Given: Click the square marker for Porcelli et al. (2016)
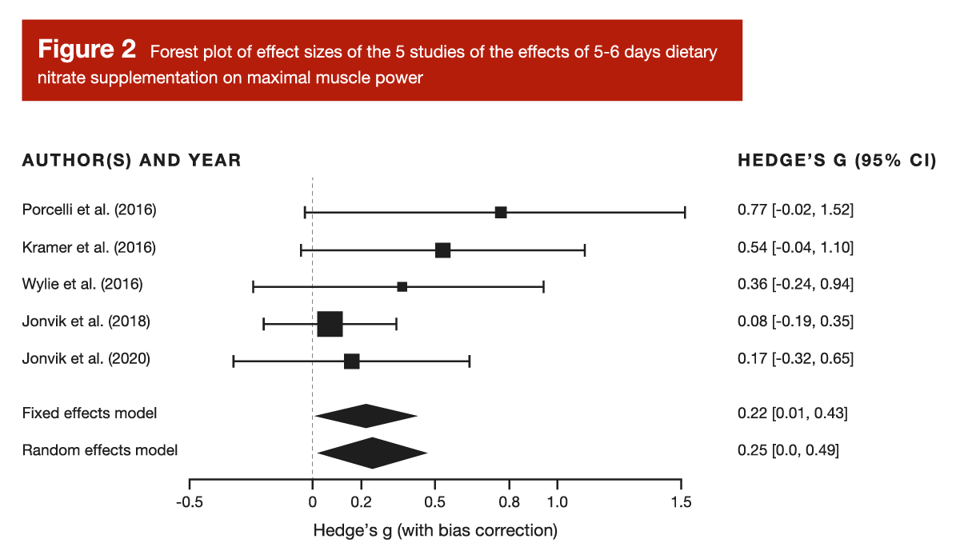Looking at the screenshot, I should (501, 212).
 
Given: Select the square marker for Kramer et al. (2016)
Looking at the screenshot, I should (442, 250).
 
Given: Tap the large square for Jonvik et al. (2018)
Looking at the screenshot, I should (330, 324).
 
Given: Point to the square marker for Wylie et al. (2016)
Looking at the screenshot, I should (402, 286).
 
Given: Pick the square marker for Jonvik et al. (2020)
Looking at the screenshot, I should (351, 361).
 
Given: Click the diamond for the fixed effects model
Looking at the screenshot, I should (366, 416).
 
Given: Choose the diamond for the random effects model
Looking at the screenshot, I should (372, 453).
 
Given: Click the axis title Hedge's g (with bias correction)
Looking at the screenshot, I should (435, 530).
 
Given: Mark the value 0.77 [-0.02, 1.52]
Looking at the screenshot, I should (795, 210).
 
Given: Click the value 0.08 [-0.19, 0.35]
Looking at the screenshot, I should (795, 321).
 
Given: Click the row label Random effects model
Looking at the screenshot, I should (100, 450).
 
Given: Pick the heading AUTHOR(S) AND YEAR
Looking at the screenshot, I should (131, 161).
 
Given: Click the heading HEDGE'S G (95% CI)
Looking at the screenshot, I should (836, 161).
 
